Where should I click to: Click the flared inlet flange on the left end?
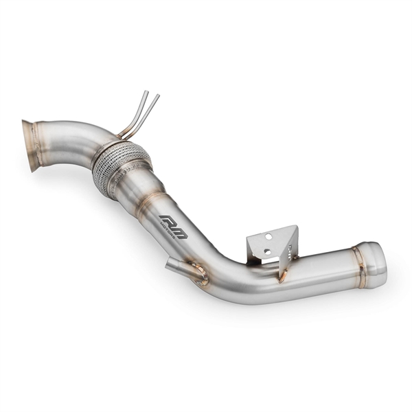31,146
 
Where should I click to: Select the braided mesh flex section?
120,166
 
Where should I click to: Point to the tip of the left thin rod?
146,91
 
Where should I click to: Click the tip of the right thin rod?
159,95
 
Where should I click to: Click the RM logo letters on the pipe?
172,222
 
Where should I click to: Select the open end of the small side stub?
170,264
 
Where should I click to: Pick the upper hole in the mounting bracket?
268,236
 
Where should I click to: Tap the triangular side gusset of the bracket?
290,244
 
